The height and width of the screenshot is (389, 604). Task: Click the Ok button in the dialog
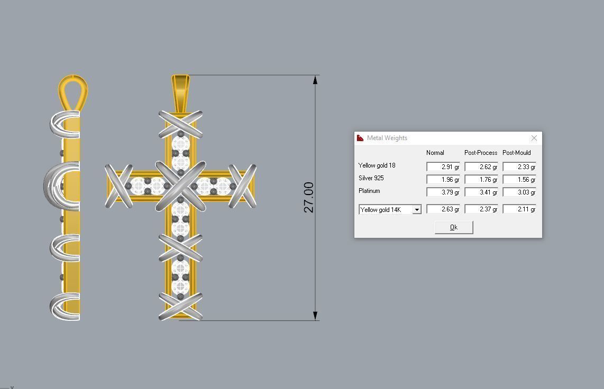coord(453,227)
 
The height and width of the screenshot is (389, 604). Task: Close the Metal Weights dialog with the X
coord(534,138)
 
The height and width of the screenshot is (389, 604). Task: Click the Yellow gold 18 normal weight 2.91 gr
coord(443,166)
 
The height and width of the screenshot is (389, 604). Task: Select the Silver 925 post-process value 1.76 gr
coord(481,180)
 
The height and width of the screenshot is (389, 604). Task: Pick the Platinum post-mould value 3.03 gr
coord(519,192)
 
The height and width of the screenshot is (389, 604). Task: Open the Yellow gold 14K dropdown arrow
coord(417,210)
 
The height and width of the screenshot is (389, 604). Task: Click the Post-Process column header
coord(481,153)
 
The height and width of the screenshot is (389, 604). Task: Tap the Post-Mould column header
coord(517,153)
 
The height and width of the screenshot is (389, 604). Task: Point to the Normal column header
coord(435,153)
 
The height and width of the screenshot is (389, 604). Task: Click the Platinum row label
coord(369,191)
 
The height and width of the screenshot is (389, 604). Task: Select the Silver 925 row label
coord(371,178)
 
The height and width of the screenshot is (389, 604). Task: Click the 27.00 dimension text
coord(309,197)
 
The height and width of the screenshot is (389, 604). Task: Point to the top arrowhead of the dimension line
coord(316,80)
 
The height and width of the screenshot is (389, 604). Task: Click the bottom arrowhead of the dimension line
coord(316,316)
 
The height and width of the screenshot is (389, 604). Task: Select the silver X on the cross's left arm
coord(118,186)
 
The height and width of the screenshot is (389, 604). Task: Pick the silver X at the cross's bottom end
coord(180,306)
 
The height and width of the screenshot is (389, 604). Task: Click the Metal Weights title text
coord(387,138)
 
